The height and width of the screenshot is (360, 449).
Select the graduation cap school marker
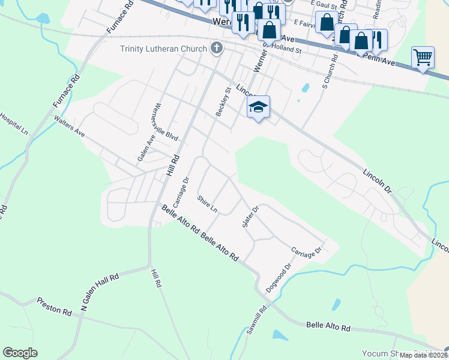[x=258, y=107]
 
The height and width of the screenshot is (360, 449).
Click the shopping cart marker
[x=423, y=57]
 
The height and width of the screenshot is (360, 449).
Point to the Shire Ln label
[x=206, y=204]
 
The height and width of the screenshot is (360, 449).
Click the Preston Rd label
[x=54, y=305]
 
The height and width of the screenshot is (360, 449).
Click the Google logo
[x=20, y=353]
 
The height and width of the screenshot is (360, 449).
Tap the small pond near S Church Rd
[x=306, y=88]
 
